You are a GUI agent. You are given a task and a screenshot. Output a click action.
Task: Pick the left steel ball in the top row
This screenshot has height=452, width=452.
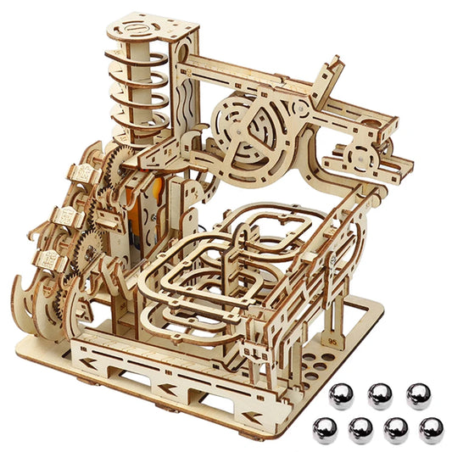tap(342, 394)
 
